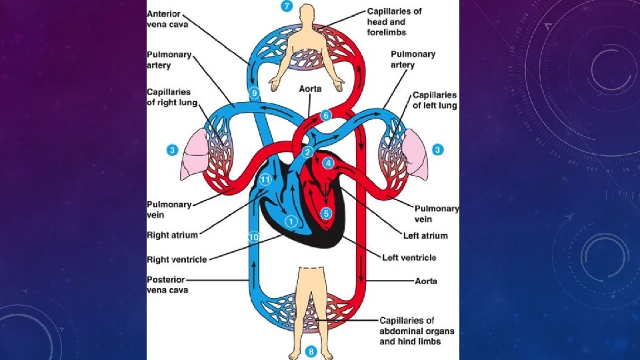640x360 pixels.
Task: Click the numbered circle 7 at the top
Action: pyautogui.click(x=287, y=7)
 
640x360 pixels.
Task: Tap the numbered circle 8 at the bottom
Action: pyautogui.click(x=311, y=351)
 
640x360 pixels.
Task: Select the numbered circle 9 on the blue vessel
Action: pyautogui.click(x=254, y=93)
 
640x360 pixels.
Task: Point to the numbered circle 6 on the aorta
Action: pyautogui.click(x=325, y=115)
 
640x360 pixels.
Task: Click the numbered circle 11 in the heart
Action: pyautogui.click(x=265, y=179)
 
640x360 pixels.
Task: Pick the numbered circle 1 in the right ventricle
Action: pyautogui.click(x=290, y=221)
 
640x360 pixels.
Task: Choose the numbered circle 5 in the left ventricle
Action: pyautogui.click(x=326, y=213)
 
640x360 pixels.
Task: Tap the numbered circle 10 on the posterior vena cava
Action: pyautogui.click(x=253, y=237)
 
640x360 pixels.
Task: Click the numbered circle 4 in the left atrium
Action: pyautogui.click(x=328, y=163)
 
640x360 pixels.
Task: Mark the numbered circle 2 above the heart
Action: pyautogui.click(x=308, y=153)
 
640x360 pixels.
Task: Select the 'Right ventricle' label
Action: pyautogui.click(x=177, y=259)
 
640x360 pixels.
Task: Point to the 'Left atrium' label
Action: pyautogui.click(x=425, y=235)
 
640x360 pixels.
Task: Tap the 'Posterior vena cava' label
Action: pyautogui.click(x=167, y=285)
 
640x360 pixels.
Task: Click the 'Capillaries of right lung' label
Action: pyautogui.click(x=169, y=97)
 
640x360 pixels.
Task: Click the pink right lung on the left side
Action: pyautogui.click(x=193, y=155)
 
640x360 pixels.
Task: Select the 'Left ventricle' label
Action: pyautogui.click(x=409, y=257)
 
